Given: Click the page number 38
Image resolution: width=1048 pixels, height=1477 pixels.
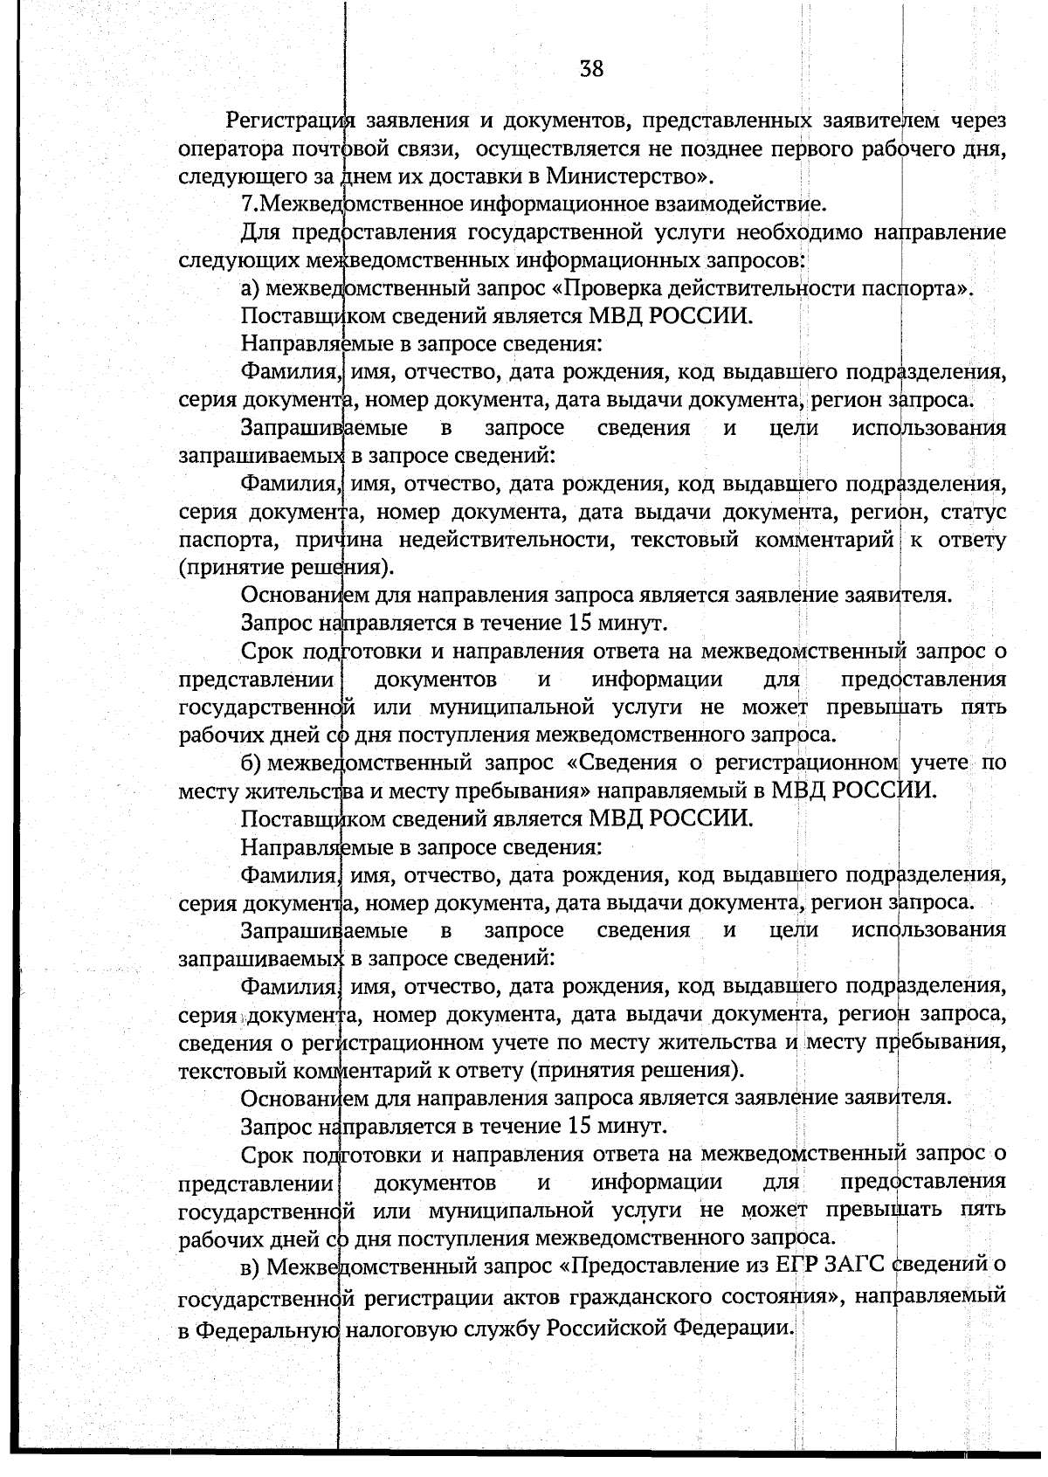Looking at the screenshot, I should click(591, 68).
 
